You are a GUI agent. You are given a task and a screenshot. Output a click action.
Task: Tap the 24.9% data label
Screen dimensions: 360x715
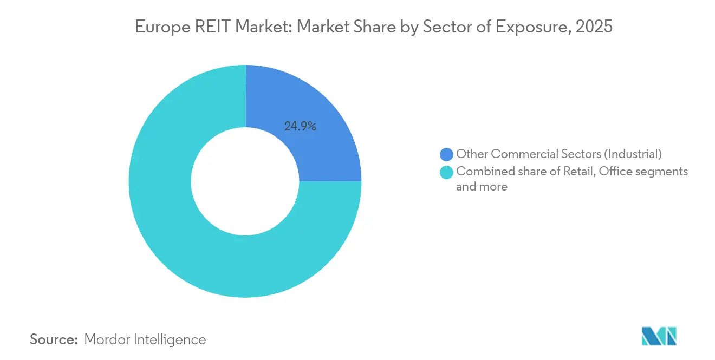click(300, 127)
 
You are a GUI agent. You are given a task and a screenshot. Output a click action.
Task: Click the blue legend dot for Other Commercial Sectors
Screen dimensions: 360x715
click(446, 155)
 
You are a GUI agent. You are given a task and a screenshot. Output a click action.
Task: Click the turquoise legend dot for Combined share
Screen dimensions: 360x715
click(446, 172)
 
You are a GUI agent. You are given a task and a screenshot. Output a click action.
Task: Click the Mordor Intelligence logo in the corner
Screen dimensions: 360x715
click(659, 336)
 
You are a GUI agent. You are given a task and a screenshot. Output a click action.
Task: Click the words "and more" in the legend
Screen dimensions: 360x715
click(482, 187)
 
